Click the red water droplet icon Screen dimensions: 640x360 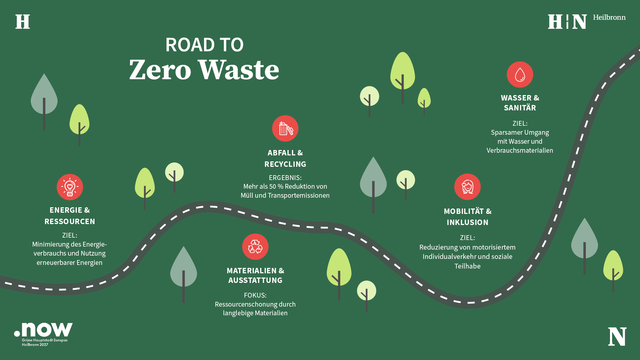520,74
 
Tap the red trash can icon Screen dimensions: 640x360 285,128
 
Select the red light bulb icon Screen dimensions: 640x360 70,187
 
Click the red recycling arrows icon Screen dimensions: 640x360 255,247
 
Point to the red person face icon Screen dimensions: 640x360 467,187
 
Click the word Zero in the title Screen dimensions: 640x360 160,70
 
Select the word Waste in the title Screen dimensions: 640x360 239,70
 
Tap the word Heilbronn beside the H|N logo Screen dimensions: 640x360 609,17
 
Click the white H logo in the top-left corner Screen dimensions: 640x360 23,22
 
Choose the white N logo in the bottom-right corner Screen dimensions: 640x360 617,337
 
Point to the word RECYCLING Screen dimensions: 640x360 285,164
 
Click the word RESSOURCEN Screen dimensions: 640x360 70,221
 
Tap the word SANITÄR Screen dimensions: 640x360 520,107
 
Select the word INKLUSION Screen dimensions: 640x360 467,222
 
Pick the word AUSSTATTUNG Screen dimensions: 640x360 255,280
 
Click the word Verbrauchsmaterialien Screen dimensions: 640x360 520,150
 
